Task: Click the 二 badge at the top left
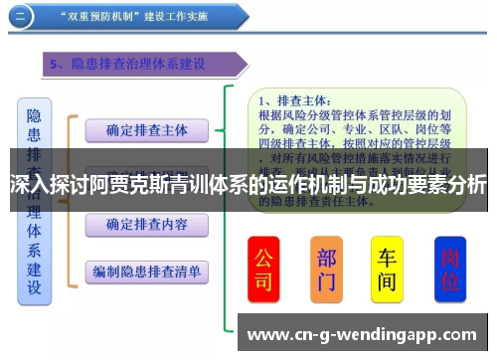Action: (x=22, y=17)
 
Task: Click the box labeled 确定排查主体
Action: (x=146, y=130)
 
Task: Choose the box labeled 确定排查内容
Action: (x=146, y=224)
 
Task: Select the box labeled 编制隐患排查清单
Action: (x=146, y=270)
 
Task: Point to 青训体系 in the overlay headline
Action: (x=215, y=185)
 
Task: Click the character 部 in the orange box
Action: (x=326, y=257)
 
